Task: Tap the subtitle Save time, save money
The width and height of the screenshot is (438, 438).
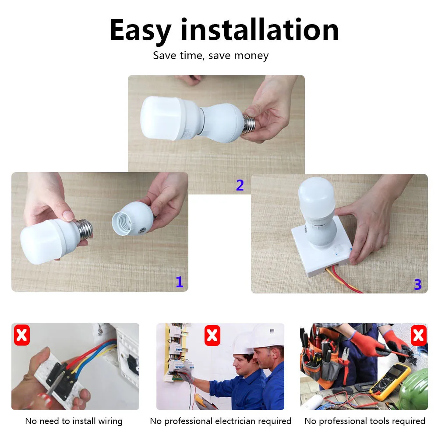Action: (x=211, y=56)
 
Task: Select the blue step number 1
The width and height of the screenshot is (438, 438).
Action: (x=179, y=282)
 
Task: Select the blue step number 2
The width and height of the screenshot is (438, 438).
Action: (x=240, y=185)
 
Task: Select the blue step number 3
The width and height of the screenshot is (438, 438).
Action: (x=417, y=285)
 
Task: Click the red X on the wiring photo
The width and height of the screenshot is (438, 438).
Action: (x=22, y=335)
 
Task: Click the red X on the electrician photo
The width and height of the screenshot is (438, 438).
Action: (x=212, y=335)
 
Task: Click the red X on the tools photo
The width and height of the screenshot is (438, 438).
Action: (x=418, y=335)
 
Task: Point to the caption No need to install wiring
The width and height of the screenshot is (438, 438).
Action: (x=74, y=421)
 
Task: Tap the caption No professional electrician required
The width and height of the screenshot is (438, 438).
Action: (x=220, y=421)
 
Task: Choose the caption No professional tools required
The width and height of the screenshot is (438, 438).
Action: (x=364, y=421)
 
